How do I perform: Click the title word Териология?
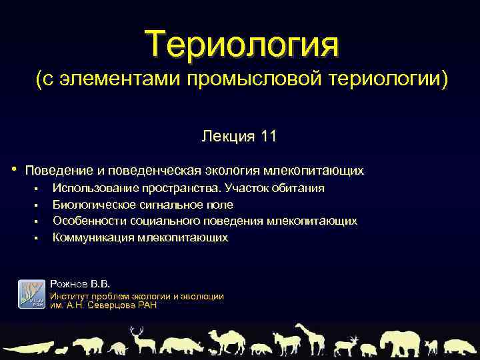click(x=244, y=43)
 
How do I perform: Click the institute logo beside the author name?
click(x=30, y=294)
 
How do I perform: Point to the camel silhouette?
click(x=227, y=340)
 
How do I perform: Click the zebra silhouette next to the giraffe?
click(x=283, y=343)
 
